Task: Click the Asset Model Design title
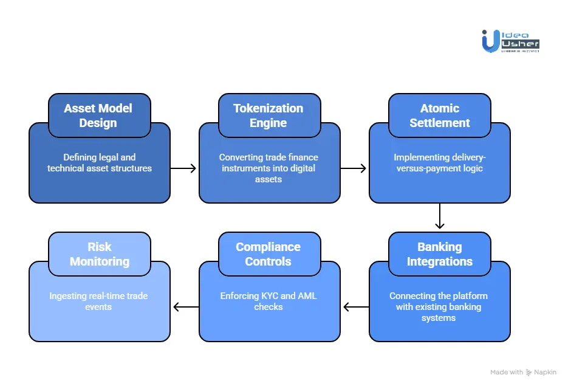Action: coord(98,115)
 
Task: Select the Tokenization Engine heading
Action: coord(268,115)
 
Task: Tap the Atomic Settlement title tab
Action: coord(439,115)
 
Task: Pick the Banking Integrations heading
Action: coord(439,254)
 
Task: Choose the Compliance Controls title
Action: coord(268,254)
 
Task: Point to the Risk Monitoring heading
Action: coord(99,254)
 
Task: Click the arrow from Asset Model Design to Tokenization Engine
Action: coord(184,168)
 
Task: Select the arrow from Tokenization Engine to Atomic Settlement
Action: coord(354,168)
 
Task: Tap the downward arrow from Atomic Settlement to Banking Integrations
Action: coord(439,217)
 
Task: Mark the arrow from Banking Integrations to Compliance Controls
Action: coord(355,307)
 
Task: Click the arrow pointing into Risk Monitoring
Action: coord(185,307)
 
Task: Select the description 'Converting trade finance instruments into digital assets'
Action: coord(268,168)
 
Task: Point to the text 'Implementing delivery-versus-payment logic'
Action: coord(439,163)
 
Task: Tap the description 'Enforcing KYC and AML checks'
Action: coord(268,301)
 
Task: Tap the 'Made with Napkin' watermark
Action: coord(522,372)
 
